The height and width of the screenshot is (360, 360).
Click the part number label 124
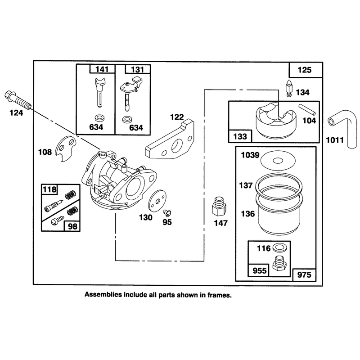(16, 113)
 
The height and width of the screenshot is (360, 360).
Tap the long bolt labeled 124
(17, 100)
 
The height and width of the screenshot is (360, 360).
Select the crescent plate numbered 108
(66, 148)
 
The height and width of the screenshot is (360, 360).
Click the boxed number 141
(102, 69)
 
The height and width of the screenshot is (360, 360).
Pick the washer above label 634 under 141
(99, 118)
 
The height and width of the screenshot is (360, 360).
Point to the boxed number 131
(137, 69)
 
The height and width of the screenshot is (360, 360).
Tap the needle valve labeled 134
(288, 88)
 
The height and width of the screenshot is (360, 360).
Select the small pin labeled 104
(307, 109)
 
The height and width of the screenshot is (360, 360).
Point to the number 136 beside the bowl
(248, 214)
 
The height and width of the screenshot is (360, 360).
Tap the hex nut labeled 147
(219, 207)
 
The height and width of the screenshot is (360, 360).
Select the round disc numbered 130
(157, 201)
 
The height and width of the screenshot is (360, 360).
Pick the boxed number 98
(72, 226)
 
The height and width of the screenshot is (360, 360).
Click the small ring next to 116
(279, 248)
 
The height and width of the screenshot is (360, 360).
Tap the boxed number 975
(304, 274)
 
